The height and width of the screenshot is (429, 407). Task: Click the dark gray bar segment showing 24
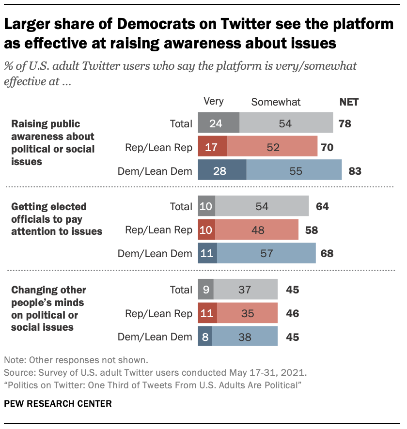219,123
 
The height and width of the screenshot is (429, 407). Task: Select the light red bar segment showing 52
272,147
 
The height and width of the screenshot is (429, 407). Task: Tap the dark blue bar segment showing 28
222,170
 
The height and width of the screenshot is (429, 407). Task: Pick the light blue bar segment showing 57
266,253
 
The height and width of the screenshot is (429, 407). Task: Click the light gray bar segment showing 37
245,290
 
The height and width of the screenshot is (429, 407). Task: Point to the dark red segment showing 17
212,147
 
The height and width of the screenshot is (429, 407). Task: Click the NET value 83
355,170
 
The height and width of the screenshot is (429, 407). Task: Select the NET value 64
322,206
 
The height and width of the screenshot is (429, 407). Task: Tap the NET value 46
292,313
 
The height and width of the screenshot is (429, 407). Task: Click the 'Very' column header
214,101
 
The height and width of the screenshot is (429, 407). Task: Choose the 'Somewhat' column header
276,102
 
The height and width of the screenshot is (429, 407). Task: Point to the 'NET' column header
349,102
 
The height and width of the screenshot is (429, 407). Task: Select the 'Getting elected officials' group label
57,219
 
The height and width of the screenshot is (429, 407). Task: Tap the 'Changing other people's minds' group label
48,308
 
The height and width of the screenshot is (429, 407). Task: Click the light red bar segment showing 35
247,313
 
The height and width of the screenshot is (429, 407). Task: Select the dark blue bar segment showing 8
204,337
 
